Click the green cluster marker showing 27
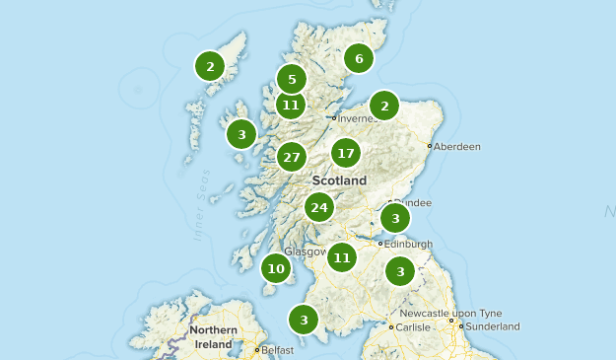[x=291, y=157]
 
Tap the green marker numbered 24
[x=318, y=207]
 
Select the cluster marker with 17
[x=345, y=153]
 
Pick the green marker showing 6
[x=359, y=59]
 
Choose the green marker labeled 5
[x=291, y=80]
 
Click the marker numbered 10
[x=276, y=268]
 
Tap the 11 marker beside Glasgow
[x=341, y=257]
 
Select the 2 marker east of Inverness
[x=384, y=106]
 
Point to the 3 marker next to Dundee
[x=395, y=218]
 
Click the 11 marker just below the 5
[x=290, y=104]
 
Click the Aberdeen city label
[x=457, y=147]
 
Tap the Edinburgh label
[x=409, y=245]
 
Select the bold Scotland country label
[x=339, y=181]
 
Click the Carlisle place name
[x=414, y=326]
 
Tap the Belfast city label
[x=278, y=350]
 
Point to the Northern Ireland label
[x=213, y=336]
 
